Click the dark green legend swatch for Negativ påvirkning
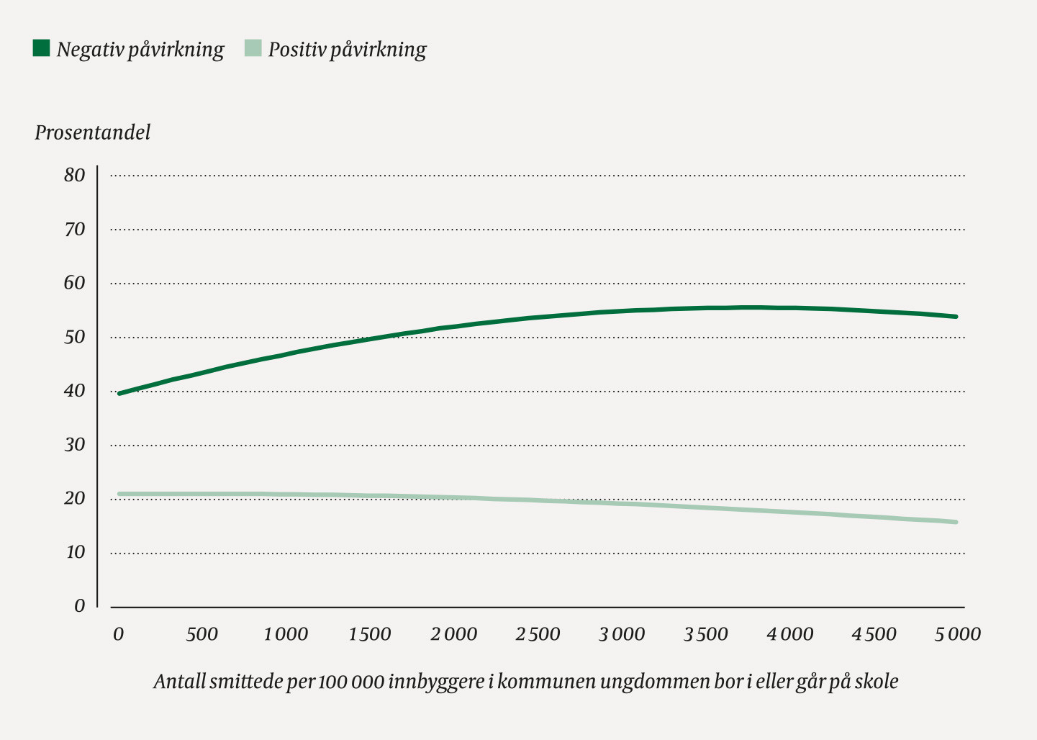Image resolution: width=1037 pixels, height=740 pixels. (x=42, y=48)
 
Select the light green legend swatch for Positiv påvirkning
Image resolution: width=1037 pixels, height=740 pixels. (x=253, y=48)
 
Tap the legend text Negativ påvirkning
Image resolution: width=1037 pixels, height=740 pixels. (x=140, y=50)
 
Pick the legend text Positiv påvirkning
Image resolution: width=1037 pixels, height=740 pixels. (x=348, y=50)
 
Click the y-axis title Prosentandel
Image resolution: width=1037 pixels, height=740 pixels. (x=93, y=133)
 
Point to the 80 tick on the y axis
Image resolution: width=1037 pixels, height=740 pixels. (x=74, y=176)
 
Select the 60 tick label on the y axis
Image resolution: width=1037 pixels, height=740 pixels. (x=74, y=283)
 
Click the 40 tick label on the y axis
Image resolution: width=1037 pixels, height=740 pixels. (x=74, y=391)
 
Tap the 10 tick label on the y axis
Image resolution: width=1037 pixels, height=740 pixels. (x=75, y=552)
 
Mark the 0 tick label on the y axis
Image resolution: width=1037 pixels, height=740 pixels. (x=80, y=606)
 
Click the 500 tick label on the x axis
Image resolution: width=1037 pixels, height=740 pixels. (x=201, y=635)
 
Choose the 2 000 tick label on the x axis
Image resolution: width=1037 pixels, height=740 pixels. (x=454, y=635)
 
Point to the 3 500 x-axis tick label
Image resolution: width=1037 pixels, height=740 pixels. (x=706, y=635)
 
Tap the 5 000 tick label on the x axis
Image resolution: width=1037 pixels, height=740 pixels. (x=958, y=635)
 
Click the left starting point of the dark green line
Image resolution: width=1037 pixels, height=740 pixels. (x=119, y=394)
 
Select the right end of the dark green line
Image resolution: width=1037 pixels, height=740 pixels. (x=956, y=317)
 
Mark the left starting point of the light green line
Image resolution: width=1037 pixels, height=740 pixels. (x=119, y=495)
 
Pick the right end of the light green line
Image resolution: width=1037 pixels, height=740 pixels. (x=956, y=522)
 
